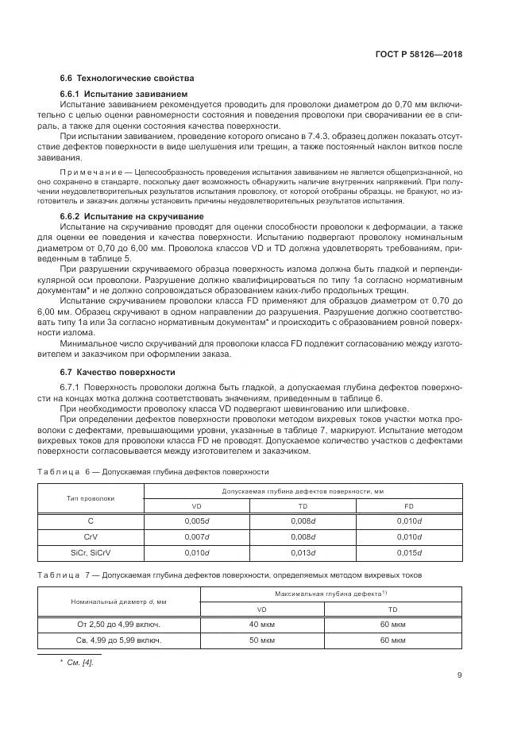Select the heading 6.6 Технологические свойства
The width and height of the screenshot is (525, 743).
[x=127, y=78]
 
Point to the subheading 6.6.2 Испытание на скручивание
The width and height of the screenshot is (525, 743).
[x=132, y=217]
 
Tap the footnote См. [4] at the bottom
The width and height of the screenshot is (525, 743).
[x=82, y=663]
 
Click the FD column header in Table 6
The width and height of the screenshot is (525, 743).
[x=408, y=506]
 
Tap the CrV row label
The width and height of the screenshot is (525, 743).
[x=91, y=536]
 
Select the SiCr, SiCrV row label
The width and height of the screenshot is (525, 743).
[x=91, y=552]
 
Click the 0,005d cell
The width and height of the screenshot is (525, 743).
[x=196, y=521]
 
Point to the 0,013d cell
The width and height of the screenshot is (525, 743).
[x=303, y=552]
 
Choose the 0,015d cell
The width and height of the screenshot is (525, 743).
[x=408, y=552]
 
